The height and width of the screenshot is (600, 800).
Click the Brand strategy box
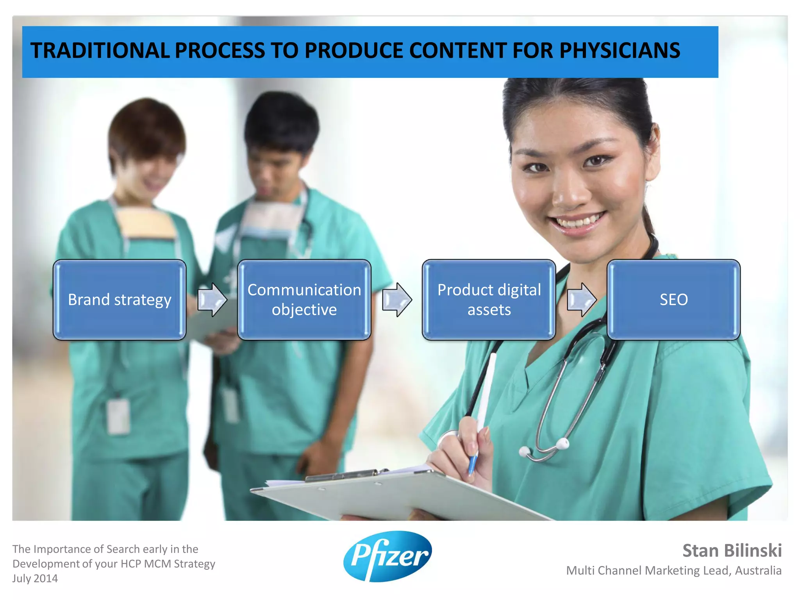(x=120, y=300)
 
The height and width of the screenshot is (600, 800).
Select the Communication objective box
(x=304, y=300)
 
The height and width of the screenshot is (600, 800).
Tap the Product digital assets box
(x=489, y=300)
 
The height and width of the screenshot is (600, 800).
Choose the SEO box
(x=673, y=300)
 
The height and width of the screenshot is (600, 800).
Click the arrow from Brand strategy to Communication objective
(x=212, y=300)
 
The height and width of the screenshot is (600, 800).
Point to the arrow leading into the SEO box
(x=581, y=300)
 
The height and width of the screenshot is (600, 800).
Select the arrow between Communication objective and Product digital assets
(x=396, y=300)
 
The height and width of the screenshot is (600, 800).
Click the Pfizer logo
(x=387, y=556)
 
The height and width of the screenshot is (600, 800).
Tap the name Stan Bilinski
(x=732, y=551)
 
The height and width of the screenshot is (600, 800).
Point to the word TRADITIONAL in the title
(x=100, y=51)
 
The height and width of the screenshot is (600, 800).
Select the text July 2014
(x=35, y=579)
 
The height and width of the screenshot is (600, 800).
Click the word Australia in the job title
(x=758, y=571)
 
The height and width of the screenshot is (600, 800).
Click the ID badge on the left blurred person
(x=118, y=416)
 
